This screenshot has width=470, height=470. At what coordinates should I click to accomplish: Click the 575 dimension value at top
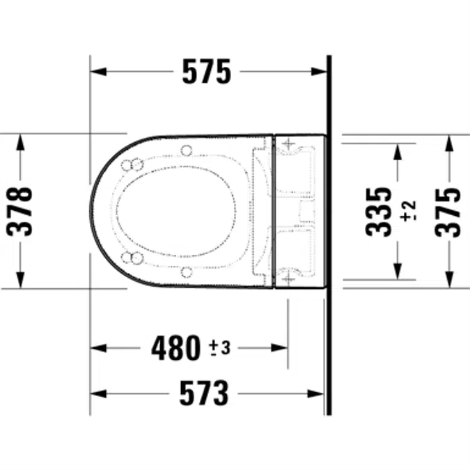click(x=206, y=72)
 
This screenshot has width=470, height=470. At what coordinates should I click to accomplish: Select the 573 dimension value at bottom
click(x=203, y=393)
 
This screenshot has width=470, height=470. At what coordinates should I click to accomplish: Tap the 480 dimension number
click(x=175, y=347)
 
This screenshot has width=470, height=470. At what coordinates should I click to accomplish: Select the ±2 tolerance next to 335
click(x=409, y=211)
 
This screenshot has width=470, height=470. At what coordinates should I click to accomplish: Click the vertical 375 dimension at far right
click(x=448, y=211)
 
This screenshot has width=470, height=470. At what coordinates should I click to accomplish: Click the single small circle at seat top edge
click(x=186, y=149)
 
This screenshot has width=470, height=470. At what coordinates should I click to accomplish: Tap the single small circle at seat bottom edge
click(x=186, y=272)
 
